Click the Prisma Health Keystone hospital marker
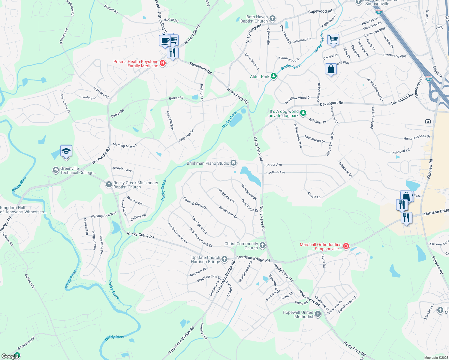(163, 63)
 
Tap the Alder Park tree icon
(273, 76)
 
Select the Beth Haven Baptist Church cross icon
(273, 19)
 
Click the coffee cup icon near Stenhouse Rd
(165, 41)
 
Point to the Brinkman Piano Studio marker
(234, 163)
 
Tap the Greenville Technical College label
(78, 170)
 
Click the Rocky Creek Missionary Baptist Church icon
(109, 185)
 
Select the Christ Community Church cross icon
(263, 246)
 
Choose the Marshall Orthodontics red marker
(346, 246)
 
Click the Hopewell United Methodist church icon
(318, 314)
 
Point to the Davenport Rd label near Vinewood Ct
(331, 103)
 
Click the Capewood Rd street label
(320, 11)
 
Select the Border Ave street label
(274, 165)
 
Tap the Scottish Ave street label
(276, 172)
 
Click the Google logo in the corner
(10, 356)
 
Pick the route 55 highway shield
(428, 121)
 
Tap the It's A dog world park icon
(303, 113)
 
